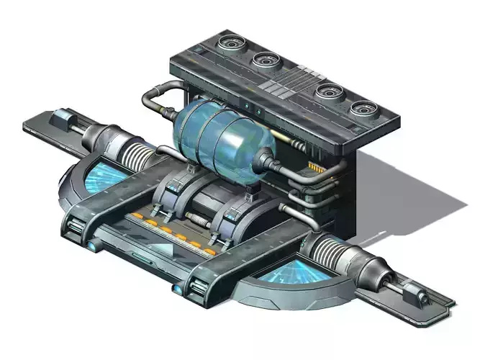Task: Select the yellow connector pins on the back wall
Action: click(x=315, y=168)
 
